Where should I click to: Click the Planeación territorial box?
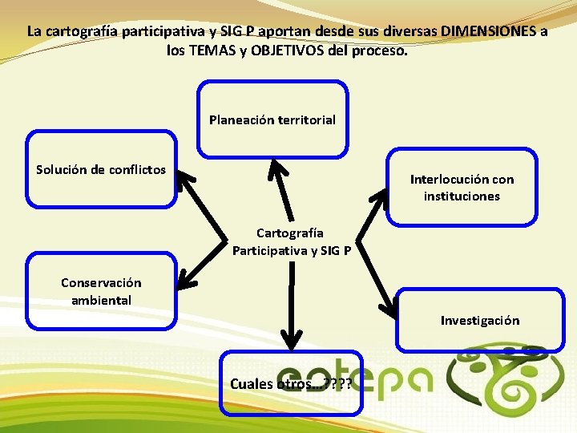tap(272, 119)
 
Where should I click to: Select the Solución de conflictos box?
tap(101, 168)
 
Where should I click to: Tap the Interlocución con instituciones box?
tap(462, 187)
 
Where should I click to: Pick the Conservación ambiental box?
tap(101, 291)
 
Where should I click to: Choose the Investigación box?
tap(479, 320)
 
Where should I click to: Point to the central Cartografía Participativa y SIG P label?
tap(291, 241)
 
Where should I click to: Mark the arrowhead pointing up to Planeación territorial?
tap(277, 167)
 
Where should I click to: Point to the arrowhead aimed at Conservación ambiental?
tap(184, 281)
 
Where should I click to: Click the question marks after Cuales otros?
tap(338, 383)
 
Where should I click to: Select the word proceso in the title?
tap(381, 50)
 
